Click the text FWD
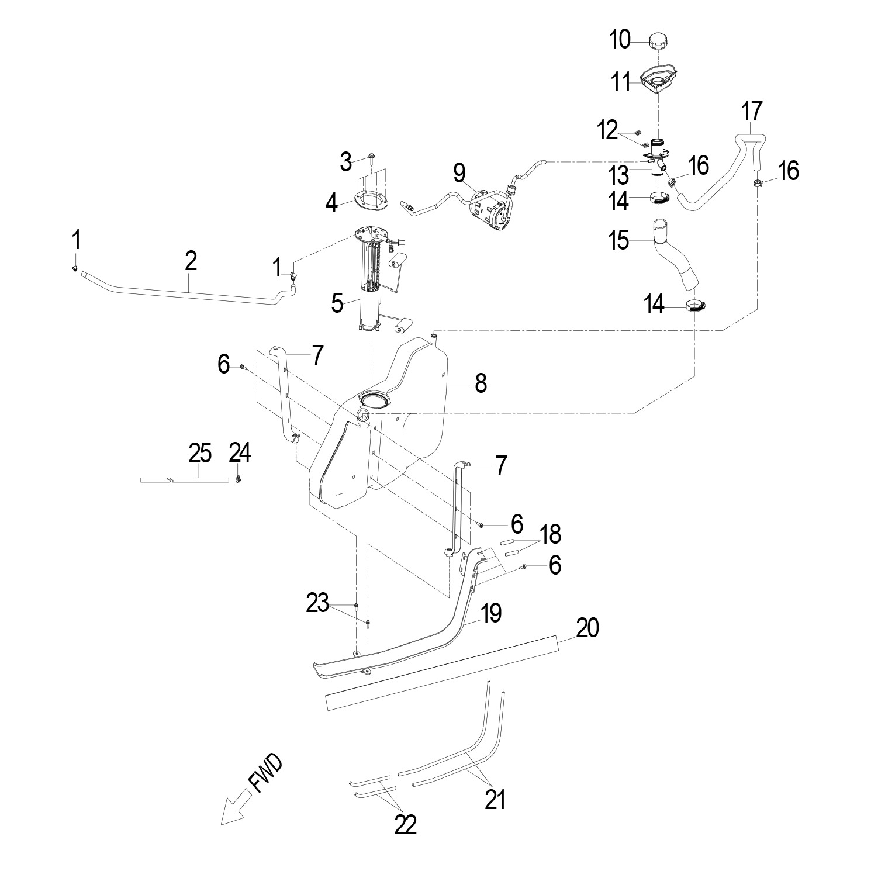265,773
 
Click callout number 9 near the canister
459,173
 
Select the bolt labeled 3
372,157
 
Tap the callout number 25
200,454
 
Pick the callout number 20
588,628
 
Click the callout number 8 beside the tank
481,383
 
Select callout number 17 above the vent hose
752,111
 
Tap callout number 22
405,825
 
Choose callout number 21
495,799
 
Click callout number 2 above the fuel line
191,261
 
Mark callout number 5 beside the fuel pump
337,303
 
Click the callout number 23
317,604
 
